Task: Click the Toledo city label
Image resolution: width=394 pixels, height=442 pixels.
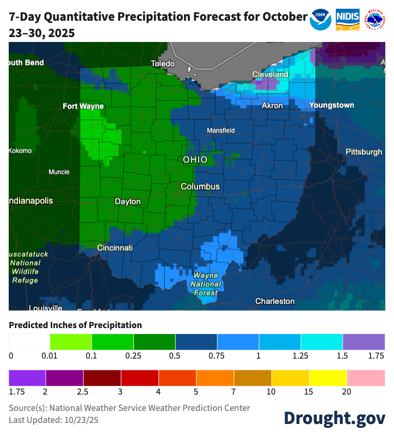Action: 163,64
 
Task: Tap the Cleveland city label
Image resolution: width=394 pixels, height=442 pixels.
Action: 270,74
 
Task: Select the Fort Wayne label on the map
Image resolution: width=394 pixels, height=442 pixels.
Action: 83,106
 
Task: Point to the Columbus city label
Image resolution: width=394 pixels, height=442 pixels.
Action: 200,186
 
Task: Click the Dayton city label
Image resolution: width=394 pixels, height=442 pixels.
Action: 128,202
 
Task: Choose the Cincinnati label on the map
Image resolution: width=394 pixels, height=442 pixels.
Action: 115,248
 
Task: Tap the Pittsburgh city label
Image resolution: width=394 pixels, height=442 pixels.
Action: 364,152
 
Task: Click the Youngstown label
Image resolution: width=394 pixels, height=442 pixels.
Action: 331,105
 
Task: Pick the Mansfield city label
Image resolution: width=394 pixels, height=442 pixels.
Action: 221,131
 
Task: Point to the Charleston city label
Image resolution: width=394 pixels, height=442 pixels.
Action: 275,301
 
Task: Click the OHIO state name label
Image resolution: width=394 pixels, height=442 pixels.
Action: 195,160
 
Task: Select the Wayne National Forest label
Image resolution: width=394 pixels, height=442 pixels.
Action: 206,284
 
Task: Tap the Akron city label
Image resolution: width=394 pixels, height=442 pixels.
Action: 272,105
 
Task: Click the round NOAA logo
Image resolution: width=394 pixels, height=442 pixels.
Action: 321,19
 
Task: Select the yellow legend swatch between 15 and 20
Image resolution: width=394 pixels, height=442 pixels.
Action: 328,377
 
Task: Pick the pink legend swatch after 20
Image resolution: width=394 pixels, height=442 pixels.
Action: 366,377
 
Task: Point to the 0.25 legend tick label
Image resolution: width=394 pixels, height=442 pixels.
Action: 133,356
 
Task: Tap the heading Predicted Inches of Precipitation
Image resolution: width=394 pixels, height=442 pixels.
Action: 75,325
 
